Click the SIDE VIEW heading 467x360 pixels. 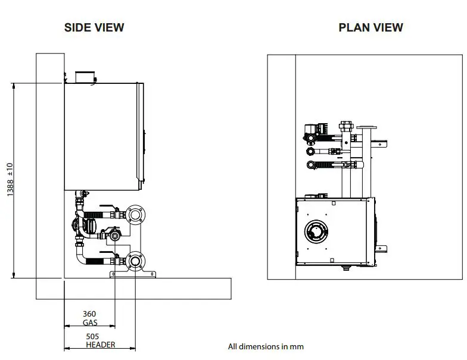(x=94, y=27)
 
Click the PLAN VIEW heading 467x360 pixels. (x=371, y=27)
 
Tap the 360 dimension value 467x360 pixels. (x=89, y=314)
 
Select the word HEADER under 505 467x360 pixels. (x=101, y=345)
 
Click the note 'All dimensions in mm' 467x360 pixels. (x=266, y=346)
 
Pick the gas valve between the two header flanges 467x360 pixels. (x=113, y=235)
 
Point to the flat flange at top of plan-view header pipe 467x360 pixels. (x=369, y=126)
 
